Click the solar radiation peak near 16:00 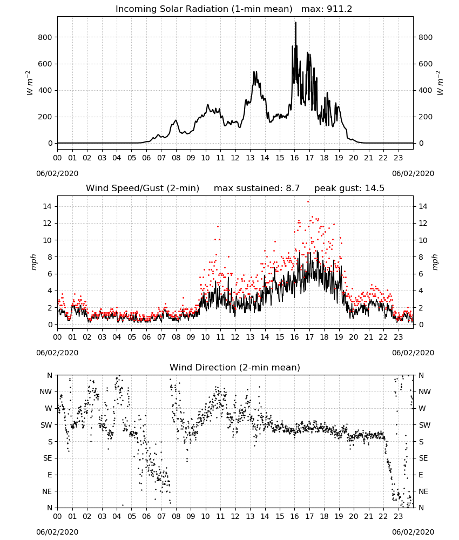coord(295,23)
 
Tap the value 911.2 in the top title coord(339,9)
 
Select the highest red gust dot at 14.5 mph coord(308,202)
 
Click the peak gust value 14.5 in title coord(374,188)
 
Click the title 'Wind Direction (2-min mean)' coord(235,367)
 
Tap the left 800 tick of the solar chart coord(45,37)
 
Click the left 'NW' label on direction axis coord(46,392)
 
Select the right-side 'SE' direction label coord(423,458)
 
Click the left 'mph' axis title coord(33,262)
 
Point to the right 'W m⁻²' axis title coord(440,83)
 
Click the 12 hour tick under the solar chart coord(235,158)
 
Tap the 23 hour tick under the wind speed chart coord(398,337)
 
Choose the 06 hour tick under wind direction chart coord(146,516)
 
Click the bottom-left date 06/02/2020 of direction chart coord(57,532)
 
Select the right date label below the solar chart coord(413,173)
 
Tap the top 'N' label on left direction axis coord(50,375)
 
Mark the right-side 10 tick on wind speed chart coord(423,240)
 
